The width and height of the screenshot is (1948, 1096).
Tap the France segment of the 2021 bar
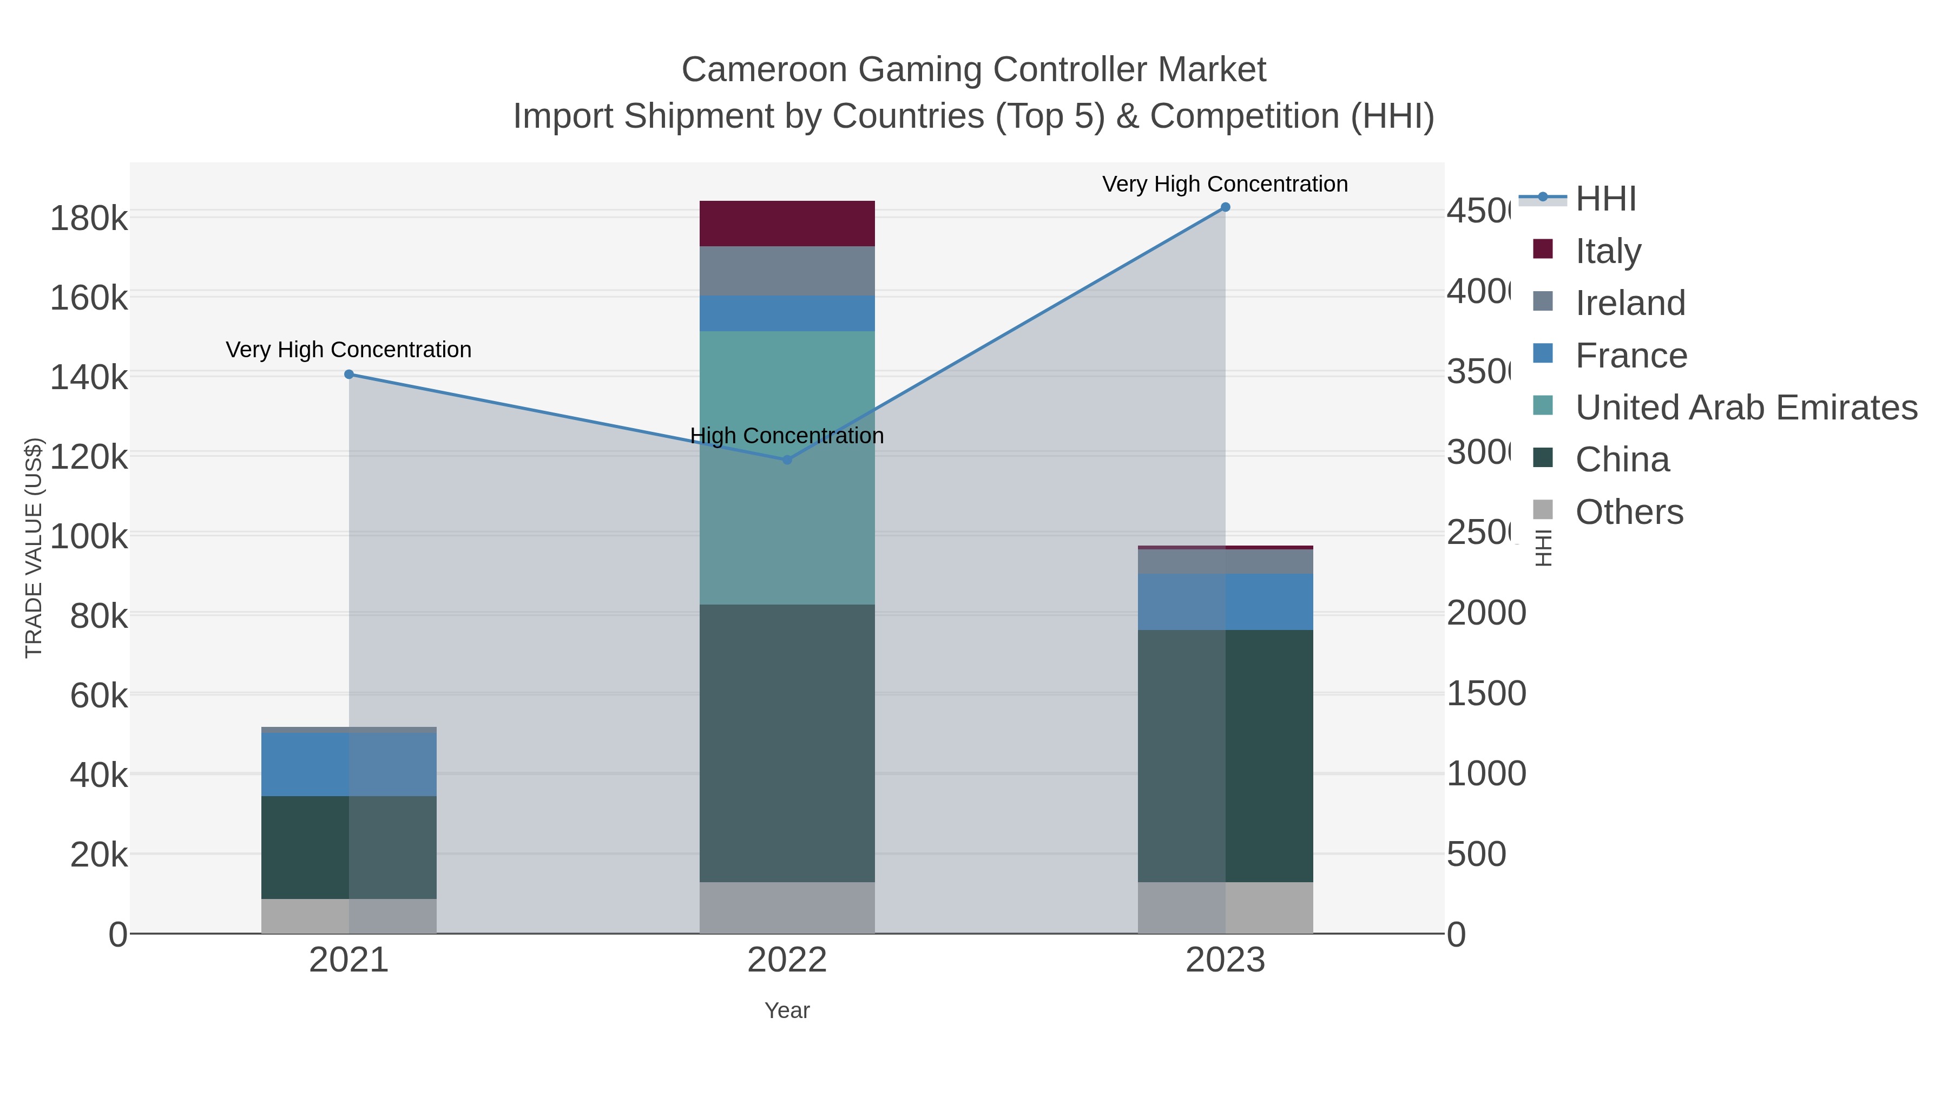(x=348, y=764)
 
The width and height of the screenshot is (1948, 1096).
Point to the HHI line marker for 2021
(x=348, y=375)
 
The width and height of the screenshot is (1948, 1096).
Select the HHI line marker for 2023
(x=1225, y=207)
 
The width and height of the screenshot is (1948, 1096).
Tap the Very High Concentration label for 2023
(x=1225, y=184)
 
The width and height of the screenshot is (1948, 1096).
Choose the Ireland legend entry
(x=1630, y=303)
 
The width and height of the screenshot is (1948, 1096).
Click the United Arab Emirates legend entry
(x=1745, y=408)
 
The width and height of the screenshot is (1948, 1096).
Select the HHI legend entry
(x=1605, y=199)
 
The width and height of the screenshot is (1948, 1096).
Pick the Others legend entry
(x=1628, y=512)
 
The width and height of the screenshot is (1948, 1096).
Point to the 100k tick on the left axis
(x=89, y=537)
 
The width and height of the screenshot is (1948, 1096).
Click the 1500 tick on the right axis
(x=1486, y=694)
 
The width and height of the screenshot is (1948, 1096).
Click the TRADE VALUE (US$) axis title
(x=34, y=548)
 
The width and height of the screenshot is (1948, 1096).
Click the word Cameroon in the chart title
(x=764, y=70)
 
